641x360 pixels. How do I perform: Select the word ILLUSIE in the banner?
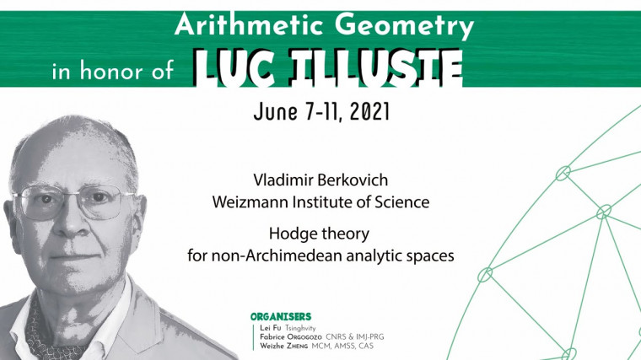(x=373, y=67)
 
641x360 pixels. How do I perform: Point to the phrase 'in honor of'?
(x=111, y=72)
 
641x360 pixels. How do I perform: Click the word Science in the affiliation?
(x=402, y=202)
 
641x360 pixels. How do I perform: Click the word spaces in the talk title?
(x=428, y=255)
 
